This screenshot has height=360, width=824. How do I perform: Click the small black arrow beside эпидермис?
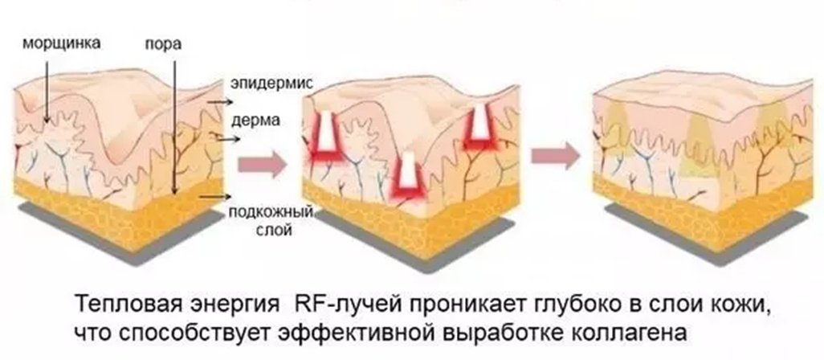215,103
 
